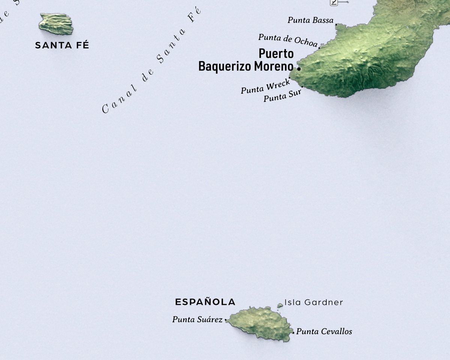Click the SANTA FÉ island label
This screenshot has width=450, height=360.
click(x=62, y=45)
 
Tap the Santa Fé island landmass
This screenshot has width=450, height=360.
click(x=56, y=24)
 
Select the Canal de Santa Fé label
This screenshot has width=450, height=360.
click(x=151, y=60)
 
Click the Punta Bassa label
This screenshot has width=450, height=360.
click(x=310, y=20)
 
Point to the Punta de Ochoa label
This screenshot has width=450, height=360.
click(x=288, y=40)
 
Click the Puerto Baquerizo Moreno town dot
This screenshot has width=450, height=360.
click(x=299, y=69)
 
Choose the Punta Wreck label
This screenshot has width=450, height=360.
click(x=265, y=87)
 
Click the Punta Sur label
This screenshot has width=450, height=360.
click(x=282, y=97)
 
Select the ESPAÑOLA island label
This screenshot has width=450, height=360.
click(x=205, y=302)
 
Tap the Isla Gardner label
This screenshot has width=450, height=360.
click(x=313, y=302)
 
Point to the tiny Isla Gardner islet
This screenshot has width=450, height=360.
click(x=280, y=306)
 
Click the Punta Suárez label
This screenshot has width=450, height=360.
click(x=197, y=319)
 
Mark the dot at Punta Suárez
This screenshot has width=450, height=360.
click(x=226, y=320)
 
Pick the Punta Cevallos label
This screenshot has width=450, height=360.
click(x=324, y=331)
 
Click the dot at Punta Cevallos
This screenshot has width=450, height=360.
click(x=293, y=332)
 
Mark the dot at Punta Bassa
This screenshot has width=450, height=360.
click(x=336, y=25)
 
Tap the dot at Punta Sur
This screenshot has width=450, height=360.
click(x=302, y=87)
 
